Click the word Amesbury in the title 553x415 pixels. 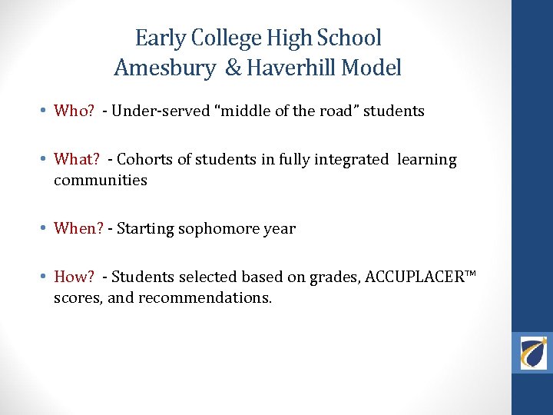[164, 68]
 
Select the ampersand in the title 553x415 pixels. [233, 68]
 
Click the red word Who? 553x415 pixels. [74, 111]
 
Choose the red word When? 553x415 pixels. [78, 228]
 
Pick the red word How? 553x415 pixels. [75, 277]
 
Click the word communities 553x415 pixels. [100, 181]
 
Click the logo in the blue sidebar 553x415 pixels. [533, 353]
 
